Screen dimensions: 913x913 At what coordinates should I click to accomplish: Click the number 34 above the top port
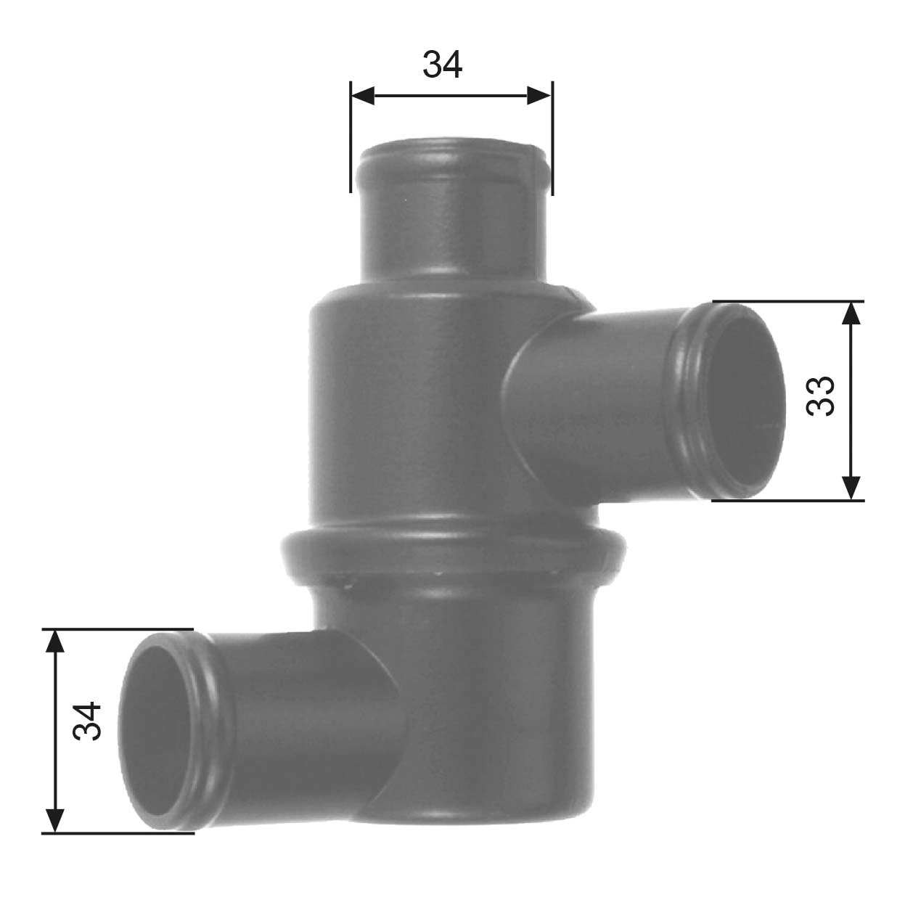[x=442, y=65]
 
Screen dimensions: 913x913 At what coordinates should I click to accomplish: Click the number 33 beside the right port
[x=821, y=396]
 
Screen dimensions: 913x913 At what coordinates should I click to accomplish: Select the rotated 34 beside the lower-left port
[x=87, y=721]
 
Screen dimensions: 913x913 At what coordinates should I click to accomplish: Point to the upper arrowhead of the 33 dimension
[x=852, y=313]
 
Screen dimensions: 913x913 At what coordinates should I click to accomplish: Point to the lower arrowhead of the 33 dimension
[x=852, y=487]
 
